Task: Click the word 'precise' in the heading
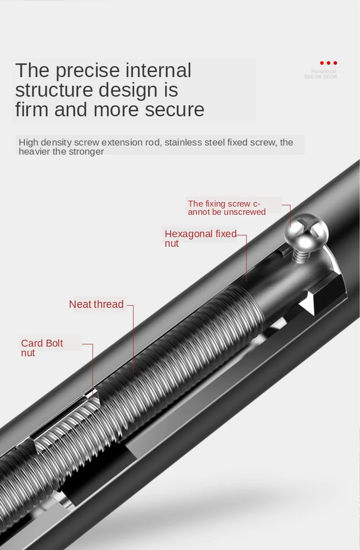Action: pyautogui.click(x=87, y=71)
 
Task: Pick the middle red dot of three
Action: pyautogui.click(x=329, y=63)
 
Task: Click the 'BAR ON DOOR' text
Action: pyautogui.click(x=320, y=77)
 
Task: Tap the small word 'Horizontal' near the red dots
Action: pyautogui.click(x=323, y=72)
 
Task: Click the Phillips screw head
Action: pyautogui.click(x=306, y=231)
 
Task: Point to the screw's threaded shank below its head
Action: pyautogui.click(x=300, y=255)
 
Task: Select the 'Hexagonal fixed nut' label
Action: pyautogui.click(x=200, y=239)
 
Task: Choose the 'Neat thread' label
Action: pyautogui.click(x=96, y=304)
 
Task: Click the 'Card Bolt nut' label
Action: pyautogui.click(x=42, y=348)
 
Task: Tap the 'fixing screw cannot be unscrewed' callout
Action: pyautogui.click(x=227, y=208)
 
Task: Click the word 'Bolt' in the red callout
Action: pyautogui.click(x=53, y=343)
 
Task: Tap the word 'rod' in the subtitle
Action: pyautogui.click(x=153, y=142)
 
